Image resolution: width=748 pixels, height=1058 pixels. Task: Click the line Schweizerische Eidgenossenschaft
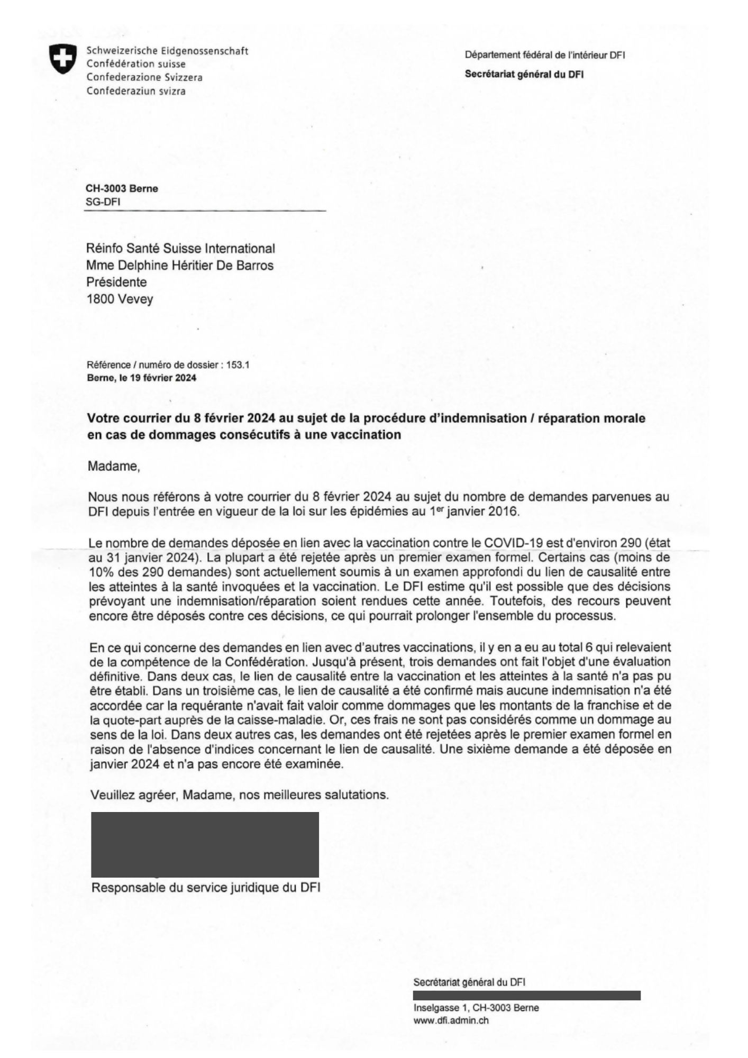coord(167,51)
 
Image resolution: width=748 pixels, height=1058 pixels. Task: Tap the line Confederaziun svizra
coord(136,91)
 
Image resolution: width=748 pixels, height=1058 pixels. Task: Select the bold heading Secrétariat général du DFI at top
coord(524,75)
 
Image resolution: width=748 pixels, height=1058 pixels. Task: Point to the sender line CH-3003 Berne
coord(122,188)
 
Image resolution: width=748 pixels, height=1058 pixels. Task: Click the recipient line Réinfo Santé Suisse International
coord(180,249)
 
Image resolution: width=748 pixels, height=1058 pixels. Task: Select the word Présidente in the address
coord(116,282)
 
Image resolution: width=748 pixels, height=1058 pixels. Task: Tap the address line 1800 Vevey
coord(120,299)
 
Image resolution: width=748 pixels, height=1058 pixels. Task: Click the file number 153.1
coord(238,365)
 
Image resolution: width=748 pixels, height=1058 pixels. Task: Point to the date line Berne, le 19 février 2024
coord(141,378)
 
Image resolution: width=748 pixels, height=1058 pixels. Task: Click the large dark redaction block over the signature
coord(205,844)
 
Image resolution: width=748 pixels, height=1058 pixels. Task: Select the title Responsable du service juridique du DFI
coord(206,887)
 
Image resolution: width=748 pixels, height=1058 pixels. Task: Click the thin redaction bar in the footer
coord(526,996)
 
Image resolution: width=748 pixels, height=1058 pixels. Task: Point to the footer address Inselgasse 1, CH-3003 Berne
coord(476,1008)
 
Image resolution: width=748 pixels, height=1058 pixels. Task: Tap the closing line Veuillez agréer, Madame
coord(239,795)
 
